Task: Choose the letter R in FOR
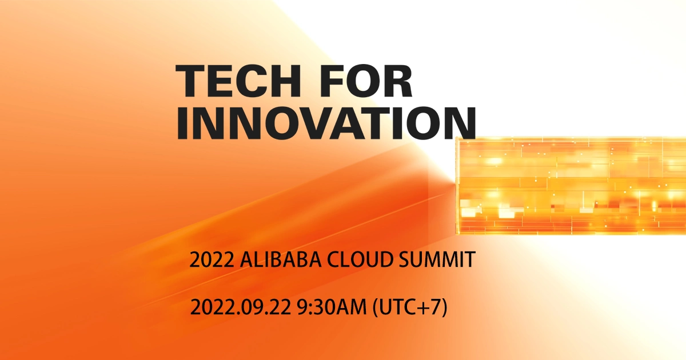pos(398,82)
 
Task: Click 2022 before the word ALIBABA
pos(210,261)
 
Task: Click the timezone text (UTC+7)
pos(409,309)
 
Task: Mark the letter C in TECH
pos(262,82)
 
